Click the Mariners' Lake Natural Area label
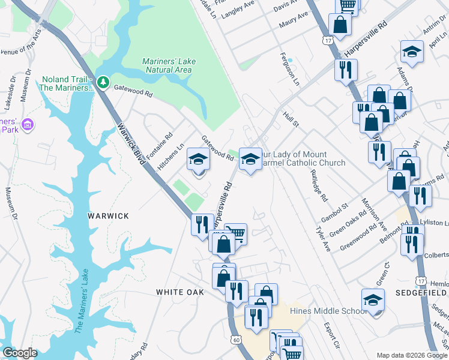[168, 65]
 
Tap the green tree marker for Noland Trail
[103, 81]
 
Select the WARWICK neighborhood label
[109, 215]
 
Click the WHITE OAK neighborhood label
[180, 292]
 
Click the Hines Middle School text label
[328, 311]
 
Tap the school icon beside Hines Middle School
[373, 301]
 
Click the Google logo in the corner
[20, 353]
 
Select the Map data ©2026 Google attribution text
[412, 355]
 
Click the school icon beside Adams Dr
[412, 52]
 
